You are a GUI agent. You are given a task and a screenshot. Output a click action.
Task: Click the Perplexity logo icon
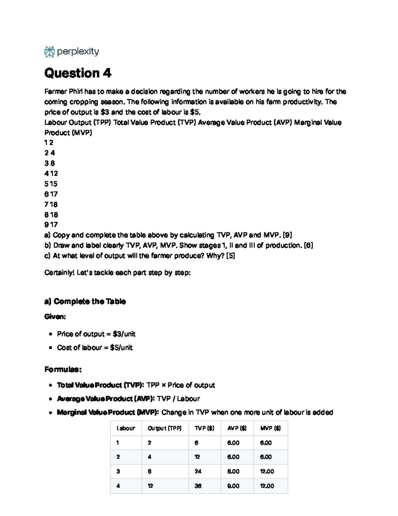49,52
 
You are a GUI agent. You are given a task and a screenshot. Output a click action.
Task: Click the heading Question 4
78,73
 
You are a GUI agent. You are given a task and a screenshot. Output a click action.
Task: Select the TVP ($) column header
204,428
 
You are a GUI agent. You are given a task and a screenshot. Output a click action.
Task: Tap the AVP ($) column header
237,428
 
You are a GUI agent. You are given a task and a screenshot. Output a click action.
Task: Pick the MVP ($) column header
270,428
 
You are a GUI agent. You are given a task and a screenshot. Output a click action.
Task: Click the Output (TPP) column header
165,428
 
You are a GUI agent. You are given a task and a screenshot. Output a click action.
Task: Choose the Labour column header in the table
126,428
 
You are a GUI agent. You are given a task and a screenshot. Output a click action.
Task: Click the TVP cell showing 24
198,471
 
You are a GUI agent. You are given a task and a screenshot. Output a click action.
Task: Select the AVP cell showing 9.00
233,486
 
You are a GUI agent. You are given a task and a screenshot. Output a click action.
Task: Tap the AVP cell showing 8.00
233,471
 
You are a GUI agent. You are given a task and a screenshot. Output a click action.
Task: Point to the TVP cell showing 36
198,486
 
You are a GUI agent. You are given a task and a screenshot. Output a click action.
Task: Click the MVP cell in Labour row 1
266,443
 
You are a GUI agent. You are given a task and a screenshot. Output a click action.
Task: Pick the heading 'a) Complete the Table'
85,301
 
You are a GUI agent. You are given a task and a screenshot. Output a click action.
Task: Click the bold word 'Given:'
55,317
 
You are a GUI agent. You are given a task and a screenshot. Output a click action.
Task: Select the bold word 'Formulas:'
63,369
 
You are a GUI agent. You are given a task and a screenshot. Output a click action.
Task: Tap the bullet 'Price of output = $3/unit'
96,334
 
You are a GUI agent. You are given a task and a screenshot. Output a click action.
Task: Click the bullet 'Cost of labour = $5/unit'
95,348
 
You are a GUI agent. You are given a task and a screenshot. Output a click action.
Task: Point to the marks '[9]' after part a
287,235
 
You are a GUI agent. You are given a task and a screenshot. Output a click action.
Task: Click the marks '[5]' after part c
230,256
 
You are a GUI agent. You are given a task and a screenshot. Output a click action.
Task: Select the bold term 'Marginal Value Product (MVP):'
108,412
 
